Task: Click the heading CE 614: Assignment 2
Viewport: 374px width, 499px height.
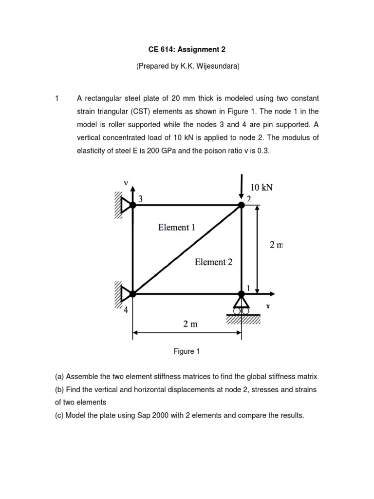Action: pos(187,49)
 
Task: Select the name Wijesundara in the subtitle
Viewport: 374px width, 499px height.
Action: pos(217,67)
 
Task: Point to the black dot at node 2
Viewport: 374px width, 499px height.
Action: pos(242,205)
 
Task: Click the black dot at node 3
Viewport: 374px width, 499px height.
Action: pos(133,205)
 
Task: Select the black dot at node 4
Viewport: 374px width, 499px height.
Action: pos(133,294)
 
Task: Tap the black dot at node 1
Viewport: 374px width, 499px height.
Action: pos(242,294)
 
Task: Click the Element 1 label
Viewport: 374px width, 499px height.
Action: pos(174,228)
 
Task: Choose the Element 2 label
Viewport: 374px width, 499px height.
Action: pos(213,262)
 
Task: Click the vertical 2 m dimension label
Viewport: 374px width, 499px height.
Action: pos(276,245)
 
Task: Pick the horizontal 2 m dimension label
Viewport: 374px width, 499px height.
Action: pos(191,324)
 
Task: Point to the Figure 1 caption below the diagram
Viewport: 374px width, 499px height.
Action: pos(187,351)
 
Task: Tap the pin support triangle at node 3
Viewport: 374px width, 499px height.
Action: pos(126,205)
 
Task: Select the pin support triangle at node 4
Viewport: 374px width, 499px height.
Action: pos(126,294)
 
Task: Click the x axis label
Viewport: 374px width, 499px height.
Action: pos(268,307)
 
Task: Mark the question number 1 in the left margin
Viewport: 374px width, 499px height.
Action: pos(57,98)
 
